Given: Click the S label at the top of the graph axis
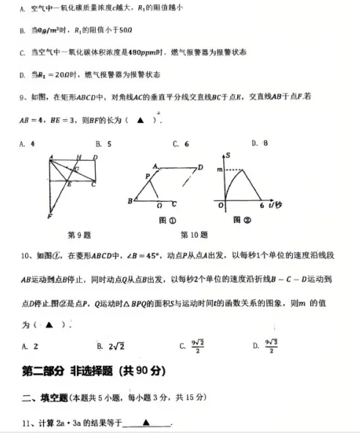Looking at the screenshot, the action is tap(228, 156).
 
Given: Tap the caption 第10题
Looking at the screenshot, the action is tap(193, 235).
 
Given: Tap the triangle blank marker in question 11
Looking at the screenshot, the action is tap(146, 422).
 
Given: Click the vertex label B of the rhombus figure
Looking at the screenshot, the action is tap(130, 200).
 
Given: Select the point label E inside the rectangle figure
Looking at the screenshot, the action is tap(70, 184).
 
